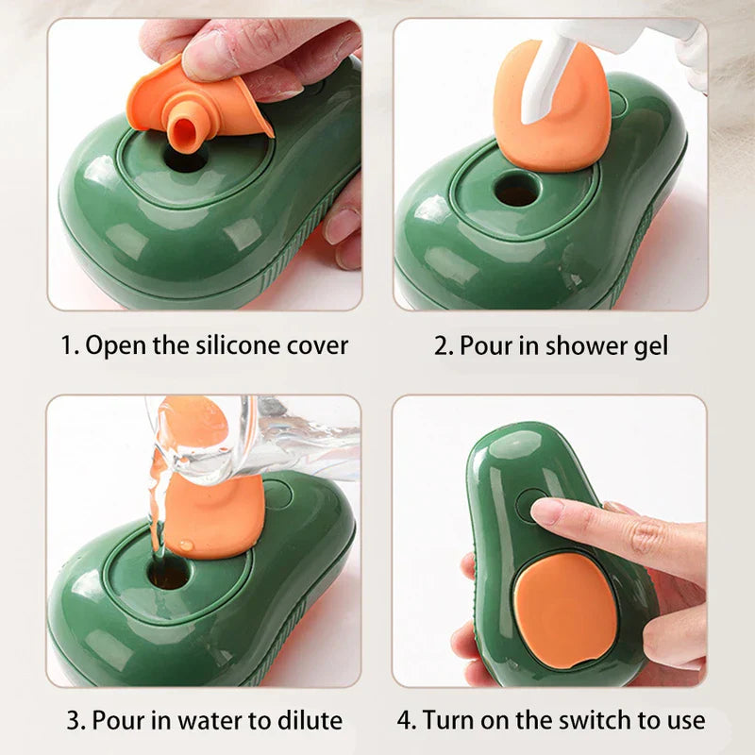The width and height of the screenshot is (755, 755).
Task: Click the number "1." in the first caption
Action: [70, 345]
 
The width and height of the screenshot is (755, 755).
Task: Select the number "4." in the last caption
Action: [407, 721]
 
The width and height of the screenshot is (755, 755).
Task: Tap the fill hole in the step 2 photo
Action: [517, 190]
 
